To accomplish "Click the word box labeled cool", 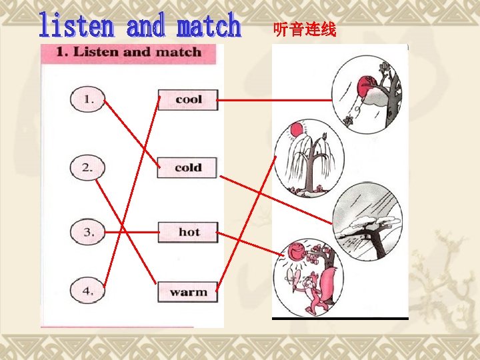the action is pyautogui.click(x=188, y=99).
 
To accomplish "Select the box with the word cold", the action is pyautogui.click(x=188, y=167).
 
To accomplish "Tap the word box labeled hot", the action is pyautogui.click(x=188, y=232).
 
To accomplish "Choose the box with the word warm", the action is pyautogui.click(x=188, y=292).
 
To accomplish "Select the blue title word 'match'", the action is pyautogui.click(x=208, y=26).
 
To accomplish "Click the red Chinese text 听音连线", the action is pyautogui.click(x=305, y=29).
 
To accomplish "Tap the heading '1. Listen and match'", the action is pyautogui.click(x=128, y=52).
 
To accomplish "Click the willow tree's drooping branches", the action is pyautogui.click(x=301, y=159).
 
